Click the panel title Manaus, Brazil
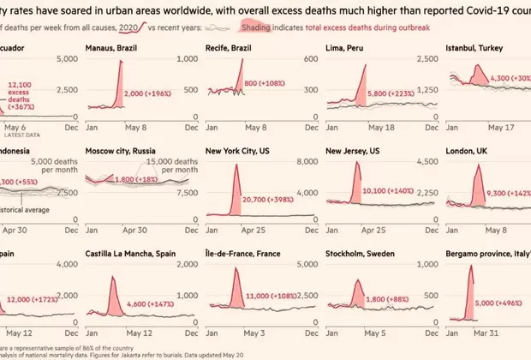pos(113,49)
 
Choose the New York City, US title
pos(246,152)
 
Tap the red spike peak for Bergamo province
pos(473,267)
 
